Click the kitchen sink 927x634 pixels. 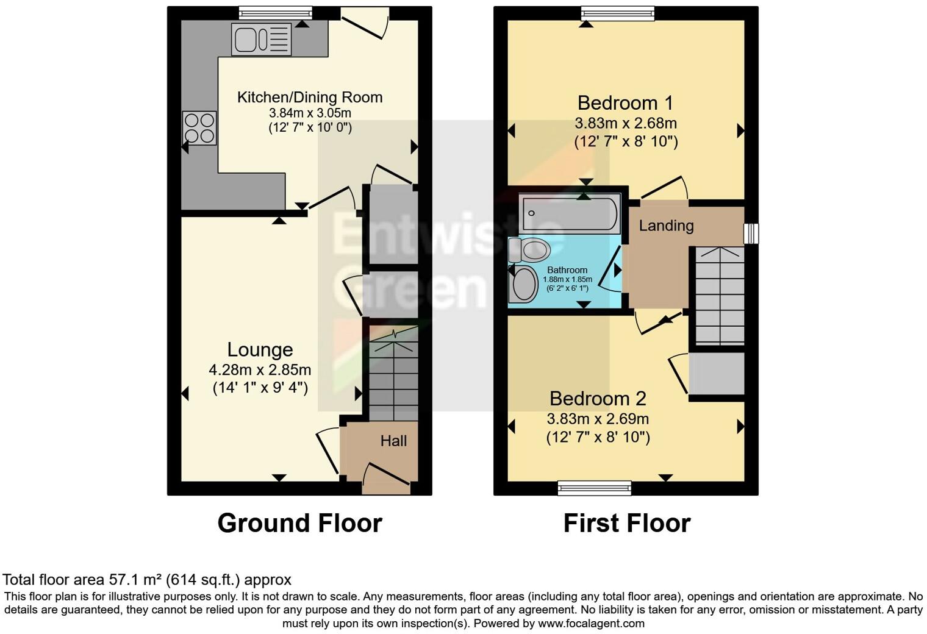261,40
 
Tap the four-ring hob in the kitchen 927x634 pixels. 199,128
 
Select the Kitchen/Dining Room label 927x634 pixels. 309,97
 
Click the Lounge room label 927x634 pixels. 260,349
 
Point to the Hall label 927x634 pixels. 393,441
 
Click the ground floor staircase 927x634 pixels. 393,378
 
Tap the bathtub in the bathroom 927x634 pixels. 568,213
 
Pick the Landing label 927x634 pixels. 666,226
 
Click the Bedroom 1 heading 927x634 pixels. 625,102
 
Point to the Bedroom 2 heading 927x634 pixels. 597,398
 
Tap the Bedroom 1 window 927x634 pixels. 617,13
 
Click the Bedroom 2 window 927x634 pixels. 595,487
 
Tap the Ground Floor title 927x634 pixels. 299,523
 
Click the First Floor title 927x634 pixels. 626,523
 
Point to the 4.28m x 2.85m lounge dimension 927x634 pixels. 260,369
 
